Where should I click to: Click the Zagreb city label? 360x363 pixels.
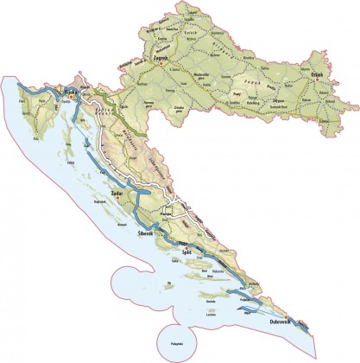click(x=159, y=59)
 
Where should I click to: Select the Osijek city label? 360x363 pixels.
click(x=316, y=75)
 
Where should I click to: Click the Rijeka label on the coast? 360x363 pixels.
click(x=60, y=86)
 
